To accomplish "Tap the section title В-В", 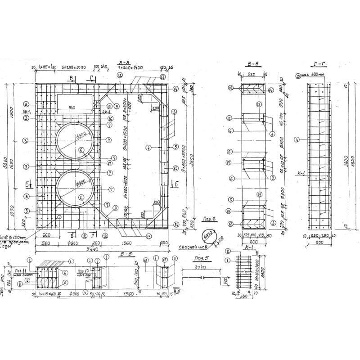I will (252, 64).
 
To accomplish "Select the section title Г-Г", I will (318, 64).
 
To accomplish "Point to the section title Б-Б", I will (126, 254).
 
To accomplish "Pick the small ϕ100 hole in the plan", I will (59, 217).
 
